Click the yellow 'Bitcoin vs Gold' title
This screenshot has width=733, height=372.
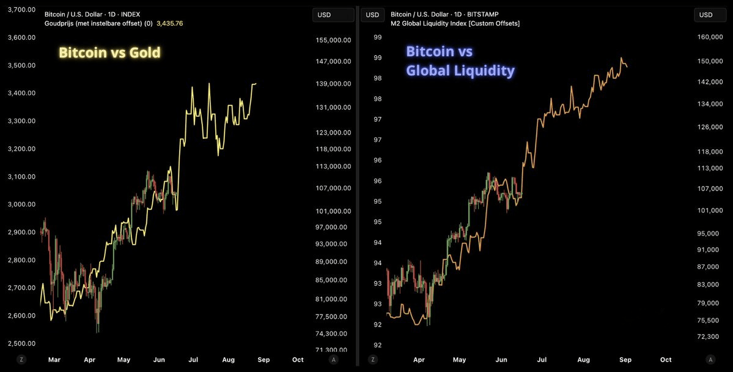pyautogui.click(x=109, y=53)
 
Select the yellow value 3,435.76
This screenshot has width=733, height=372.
pyautogui.click(x=170, y=23)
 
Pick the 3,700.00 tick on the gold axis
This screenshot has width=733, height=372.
pyautogui.click(x=22, y=9)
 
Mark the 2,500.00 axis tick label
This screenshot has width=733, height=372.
pyautogui.click(x=22, y=343)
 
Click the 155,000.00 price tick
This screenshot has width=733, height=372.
pyautogui.click(x=333, y=40)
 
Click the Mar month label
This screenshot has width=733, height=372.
pyautogui.click(x=54, y=360)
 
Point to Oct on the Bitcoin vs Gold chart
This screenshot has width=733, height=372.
pyautogui.click(x=298, y=360)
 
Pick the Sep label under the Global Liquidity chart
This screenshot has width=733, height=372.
pyautogui.click(x=625, y=360)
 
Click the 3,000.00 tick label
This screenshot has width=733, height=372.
pyautogui.click(x=22, y=204)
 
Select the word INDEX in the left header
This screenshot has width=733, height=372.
pyautogui.click(x=130, y=15)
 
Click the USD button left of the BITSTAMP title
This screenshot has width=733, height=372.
pyautogui.click(x=372, y=15)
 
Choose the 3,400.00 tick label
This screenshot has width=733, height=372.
pyautogui.click(x=22, y=93)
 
